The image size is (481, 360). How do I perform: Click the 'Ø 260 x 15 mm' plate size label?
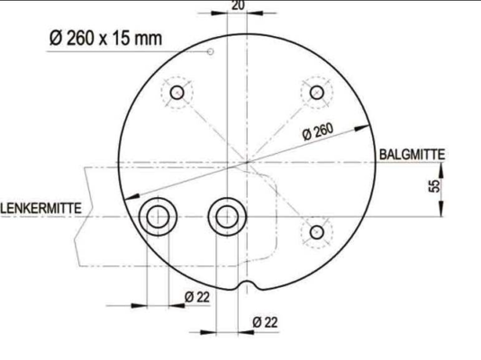pos(105,39)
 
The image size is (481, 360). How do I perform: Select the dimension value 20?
pos(238,5)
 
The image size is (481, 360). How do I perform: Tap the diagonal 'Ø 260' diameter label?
pos(318,131)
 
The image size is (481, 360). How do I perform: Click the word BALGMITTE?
pos(412,154)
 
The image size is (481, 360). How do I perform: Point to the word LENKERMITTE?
pos(41,208)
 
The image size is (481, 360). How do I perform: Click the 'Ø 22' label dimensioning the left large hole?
pos(196,296)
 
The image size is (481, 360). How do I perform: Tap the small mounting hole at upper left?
pos(177,93)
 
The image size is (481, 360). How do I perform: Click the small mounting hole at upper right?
pos(316,92)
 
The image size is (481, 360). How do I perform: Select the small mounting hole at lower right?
pos(316,232)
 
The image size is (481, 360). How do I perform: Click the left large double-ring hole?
pos(158,216)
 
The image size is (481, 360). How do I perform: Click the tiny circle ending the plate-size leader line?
pos(211,51)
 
